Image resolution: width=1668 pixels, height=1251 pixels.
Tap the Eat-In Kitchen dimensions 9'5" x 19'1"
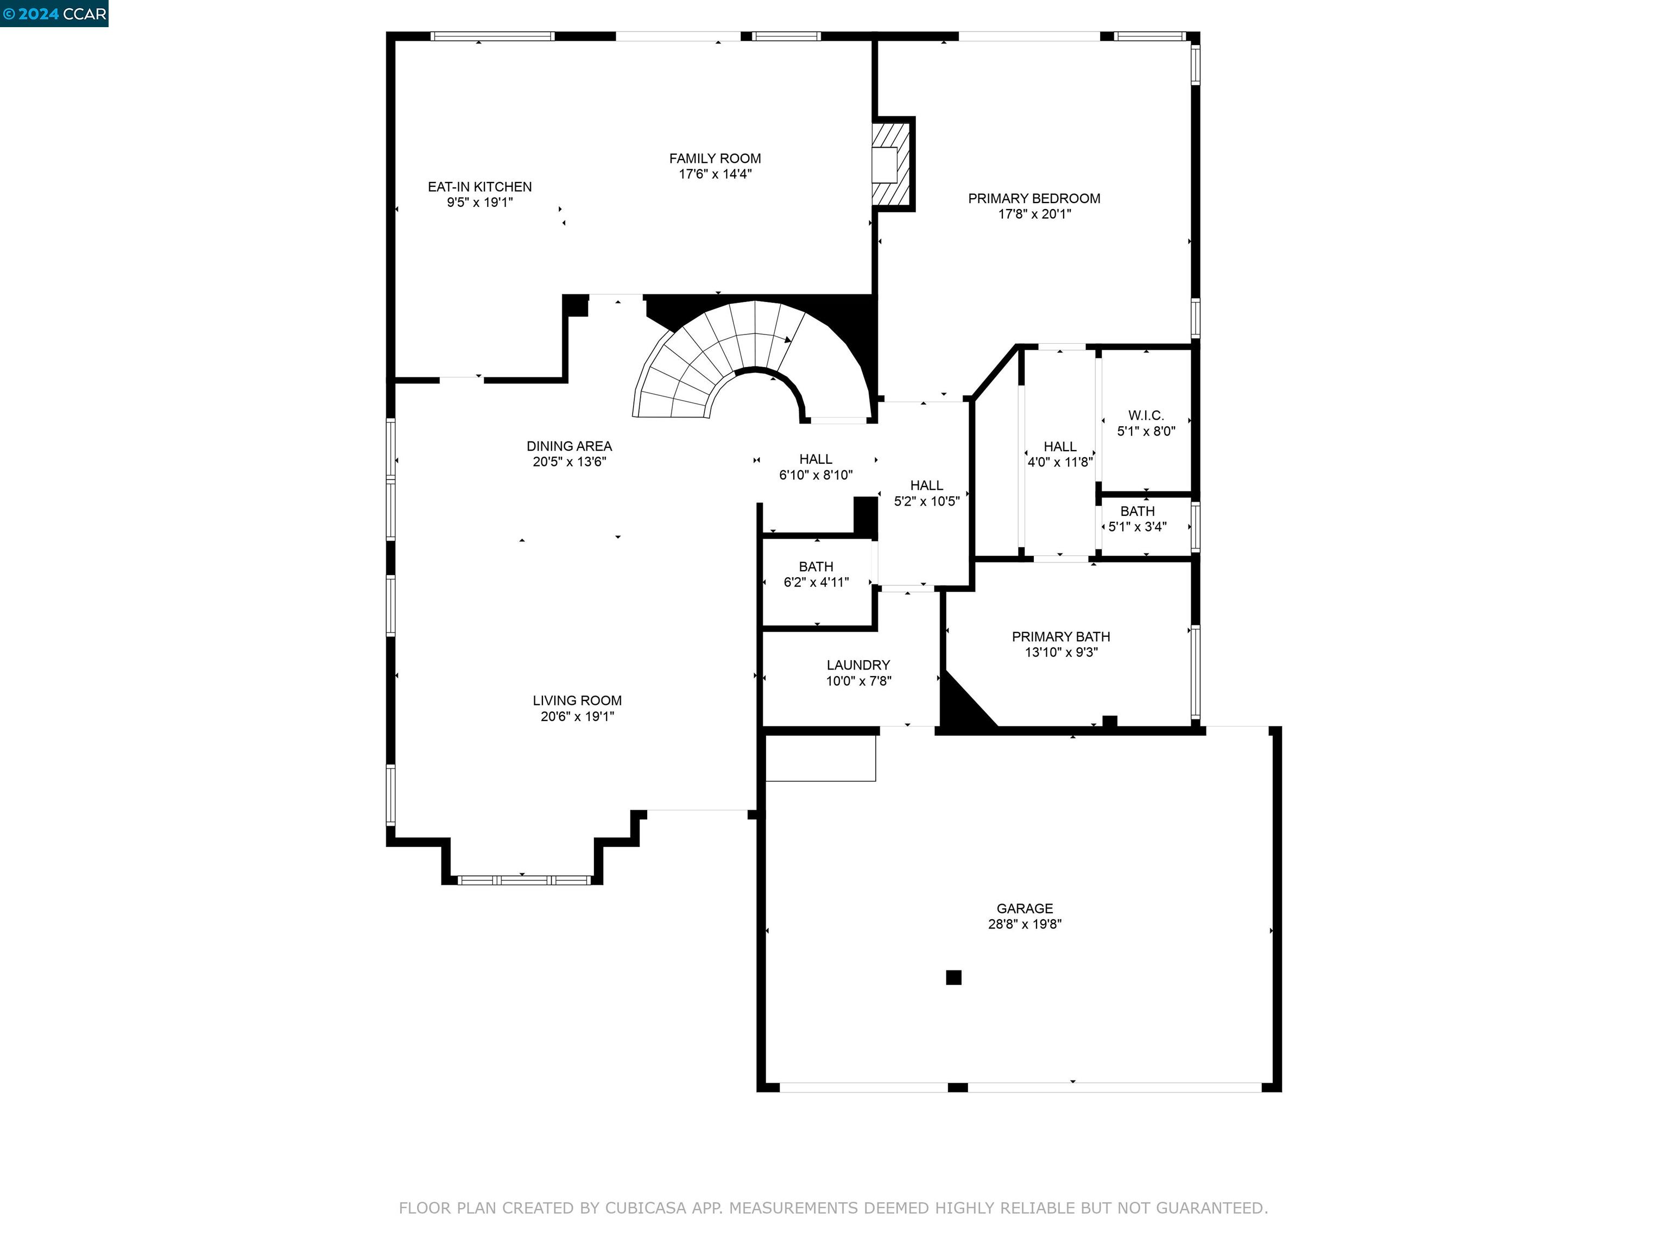tap(479, 202)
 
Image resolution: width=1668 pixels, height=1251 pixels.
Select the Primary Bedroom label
tap(1034, 198)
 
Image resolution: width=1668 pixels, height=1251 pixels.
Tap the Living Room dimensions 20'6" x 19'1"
tap(577, 716)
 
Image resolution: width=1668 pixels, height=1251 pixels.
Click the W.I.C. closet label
tap(1146, 415)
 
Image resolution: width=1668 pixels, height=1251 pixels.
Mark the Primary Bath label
tap(1060, 636)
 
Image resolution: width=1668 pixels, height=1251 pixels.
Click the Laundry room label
tap(858, 665)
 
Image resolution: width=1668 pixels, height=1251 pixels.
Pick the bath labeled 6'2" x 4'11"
tap(816, 574)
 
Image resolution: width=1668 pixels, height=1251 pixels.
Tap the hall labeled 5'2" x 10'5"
tap(926, 493)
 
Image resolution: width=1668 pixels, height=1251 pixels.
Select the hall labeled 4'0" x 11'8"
tap(1059, 454)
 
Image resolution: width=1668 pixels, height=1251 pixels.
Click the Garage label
tap(1024, 908)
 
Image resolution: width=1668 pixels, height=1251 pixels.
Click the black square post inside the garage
tap(953, 977)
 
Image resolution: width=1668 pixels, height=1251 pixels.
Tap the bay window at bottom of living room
tap(524, 879)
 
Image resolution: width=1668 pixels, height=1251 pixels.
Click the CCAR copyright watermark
tap(54, 14)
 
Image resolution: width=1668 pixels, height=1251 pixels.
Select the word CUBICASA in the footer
tap(645, 1208)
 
